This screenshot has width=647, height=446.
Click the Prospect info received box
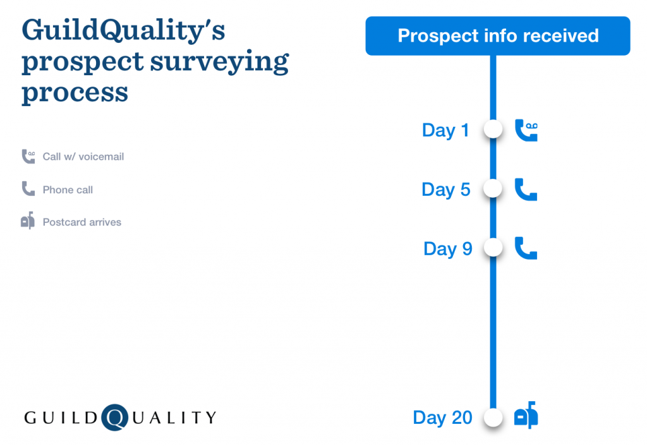(498, 36)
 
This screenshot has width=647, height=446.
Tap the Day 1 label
(445, 131)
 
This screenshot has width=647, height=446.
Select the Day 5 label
(445, 190)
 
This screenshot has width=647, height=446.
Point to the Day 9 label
(447, 249)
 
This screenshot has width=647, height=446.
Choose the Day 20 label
(442, 418)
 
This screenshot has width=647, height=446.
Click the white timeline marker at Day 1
(493, 130)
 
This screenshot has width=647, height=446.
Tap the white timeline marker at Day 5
(493, 188)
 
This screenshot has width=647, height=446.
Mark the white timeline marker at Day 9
(493, 248)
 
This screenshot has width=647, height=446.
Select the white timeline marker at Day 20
(493, 417)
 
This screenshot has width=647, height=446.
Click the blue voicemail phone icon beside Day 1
(526, 131)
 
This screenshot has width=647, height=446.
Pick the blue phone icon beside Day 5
(526, 190)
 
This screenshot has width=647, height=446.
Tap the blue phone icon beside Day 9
(526, 248)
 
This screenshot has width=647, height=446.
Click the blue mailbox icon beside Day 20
(526, 416)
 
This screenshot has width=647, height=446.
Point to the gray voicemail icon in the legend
(28, 156)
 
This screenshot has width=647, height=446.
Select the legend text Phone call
(68, 190)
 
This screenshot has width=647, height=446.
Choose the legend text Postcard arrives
(82, 222)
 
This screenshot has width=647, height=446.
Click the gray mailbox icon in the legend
(28, 221)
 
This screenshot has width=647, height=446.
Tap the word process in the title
(75, 93)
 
